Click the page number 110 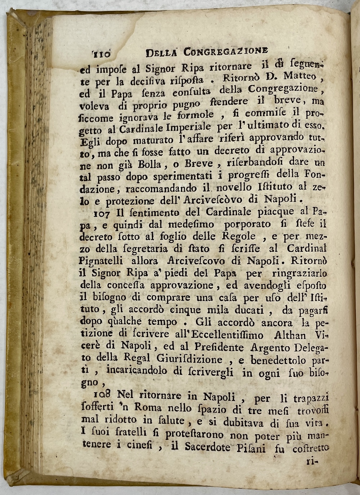pos(101,54)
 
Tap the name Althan pos(290,335)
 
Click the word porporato pos(247,224)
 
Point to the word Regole pos(238,237)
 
